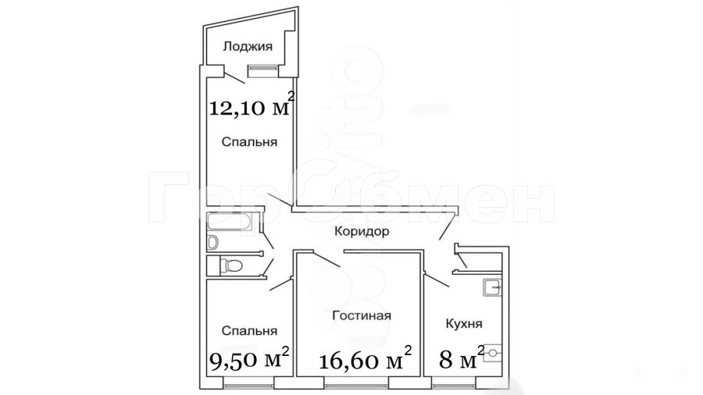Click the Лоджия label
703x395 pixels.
click(x=248, y=47)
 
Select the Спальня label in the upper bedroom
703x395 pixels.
click(x=249, y=142)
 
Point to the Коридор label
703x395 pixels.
click(x=362, y=232)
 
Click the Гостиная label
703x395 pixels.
click(x=362, y=315)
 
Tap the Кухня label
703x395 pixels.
click(x=463, y=323)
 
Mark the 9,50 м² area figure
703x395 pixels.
click(x=250, y=357)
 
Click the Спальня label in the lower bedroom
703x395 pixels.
click(x=249, y=331)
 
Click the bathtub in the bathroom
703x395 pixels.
click(x=230, y=222)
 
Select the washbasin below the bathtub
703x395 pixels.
click(x=212, y=242)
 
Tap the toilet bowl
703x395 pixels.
click(x=232, y=266)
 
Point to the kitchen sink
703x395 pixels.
click(x=492, y=287)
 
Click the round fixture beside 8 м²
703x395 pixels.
click(x=492, y=352)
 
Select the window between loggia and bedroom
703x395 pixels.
click(x=263, y=68)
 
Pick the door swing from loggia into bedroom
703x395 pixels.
click(x=234, y=78)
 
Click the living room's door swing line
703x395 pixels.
click(x=327, y=260)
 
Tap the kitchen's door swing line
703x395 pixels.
click(x=436, y=280)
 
